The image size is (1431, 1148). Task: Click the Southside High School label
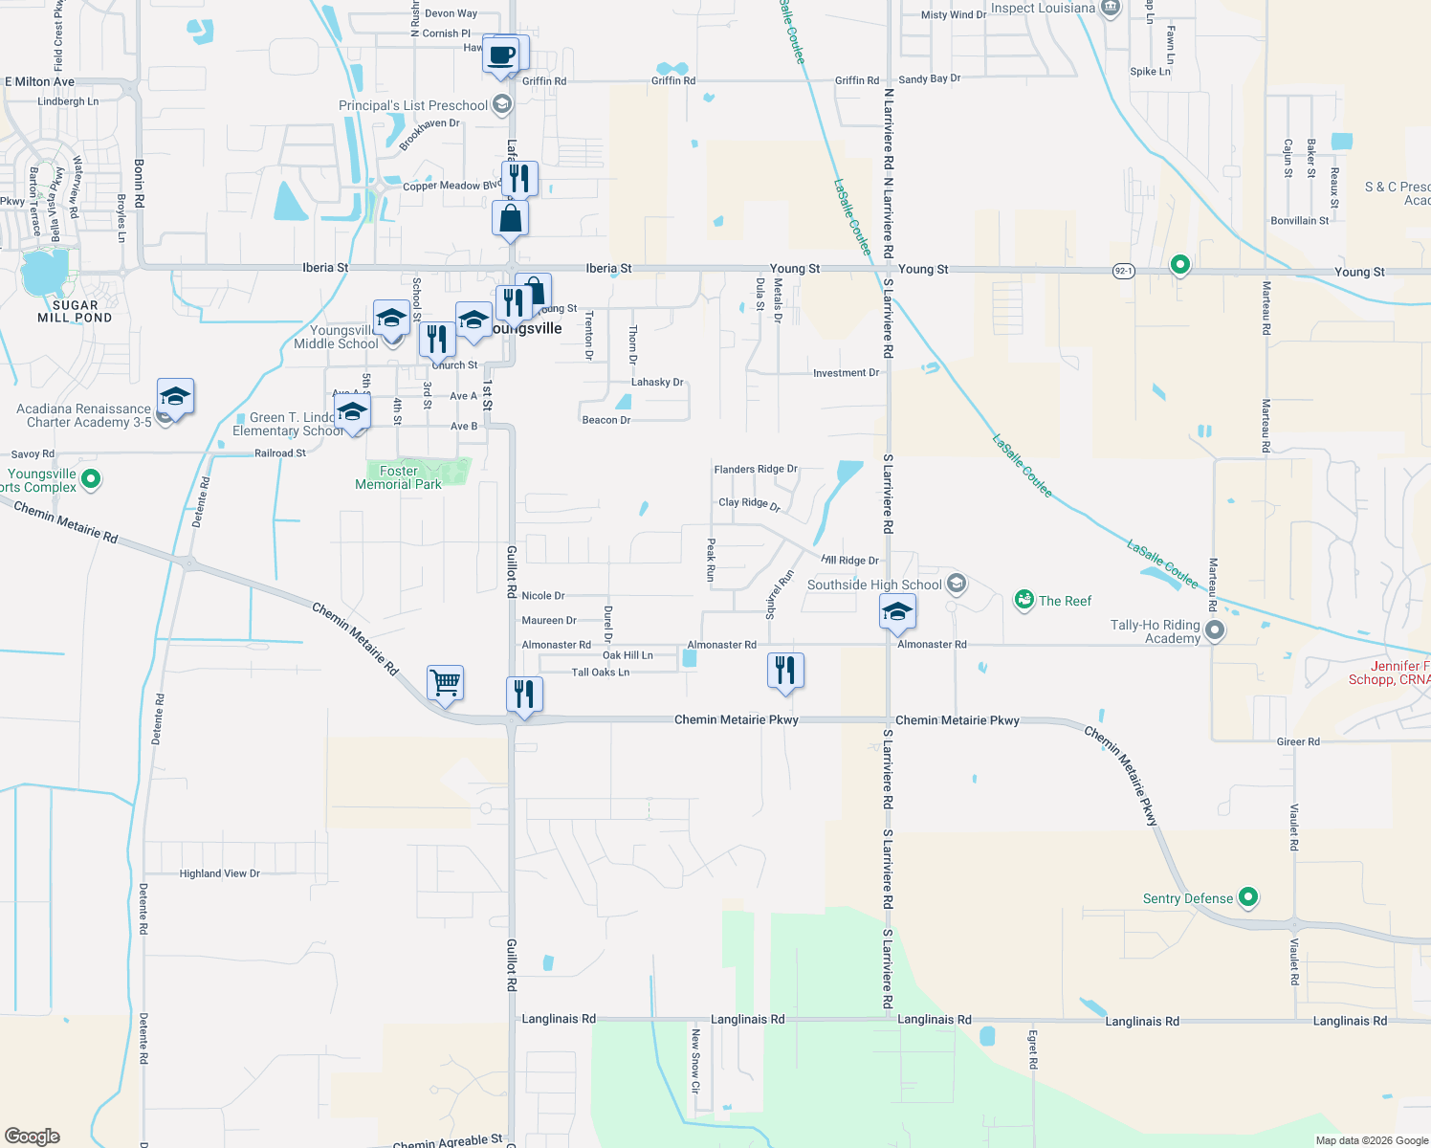(x=874, y=585)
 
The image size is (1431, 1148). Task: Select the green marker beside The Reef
(x=1024, y=600)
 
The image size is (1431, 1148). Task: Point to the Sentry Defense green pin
(x=1247, y=897)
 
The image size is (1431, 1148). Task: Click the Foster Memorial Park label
(x=399, y=477)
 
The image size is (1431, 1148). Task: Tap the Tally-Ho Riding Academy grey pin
(x=1215, y=630)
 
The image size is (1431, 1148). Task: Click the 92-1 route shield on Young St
(x=1123, y=271)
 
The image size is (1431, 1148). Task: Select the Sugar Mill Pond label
(x=75, y=312)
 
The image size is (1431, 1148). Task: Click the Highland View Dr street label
(x=220, y=873)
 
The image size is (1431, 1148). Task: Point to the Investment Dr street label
(x=846, y=373)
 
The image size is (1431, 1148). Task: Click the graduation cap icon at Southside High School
(x=897, y=611)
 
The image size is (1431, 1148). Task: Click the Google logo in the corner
(x=33, y=1136)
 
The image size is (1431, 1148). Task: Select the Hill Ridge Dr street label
(x=849, y=561)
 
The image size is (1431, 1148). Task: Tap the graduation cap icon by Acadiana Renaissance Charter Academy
(x=176, y=396)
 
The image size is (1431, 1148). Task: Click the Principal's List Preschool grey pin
(x=502, y=105)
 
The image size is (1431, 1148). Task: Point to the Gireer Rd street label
(x=1298, y=741)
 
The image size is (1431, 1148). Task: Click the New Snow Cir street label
(x=695, y=1060)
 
